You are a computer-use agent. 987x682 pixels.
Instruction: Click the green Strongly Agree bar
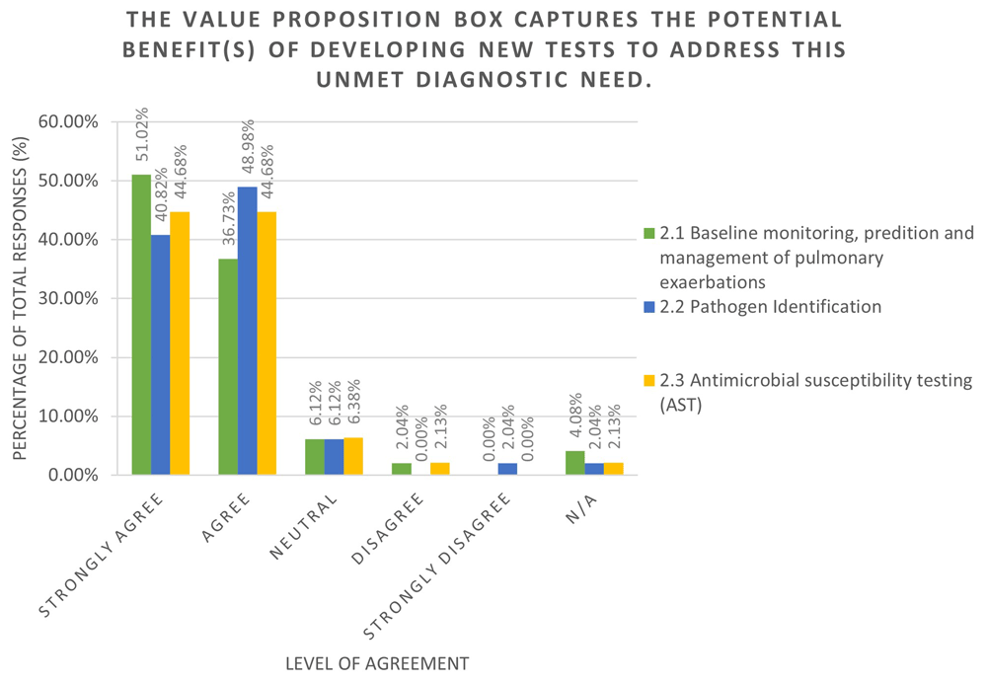click(x=141, y=325)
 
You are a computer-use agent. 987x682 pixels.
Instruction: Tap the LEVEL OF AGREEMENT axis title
click(x=376, y=661)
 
